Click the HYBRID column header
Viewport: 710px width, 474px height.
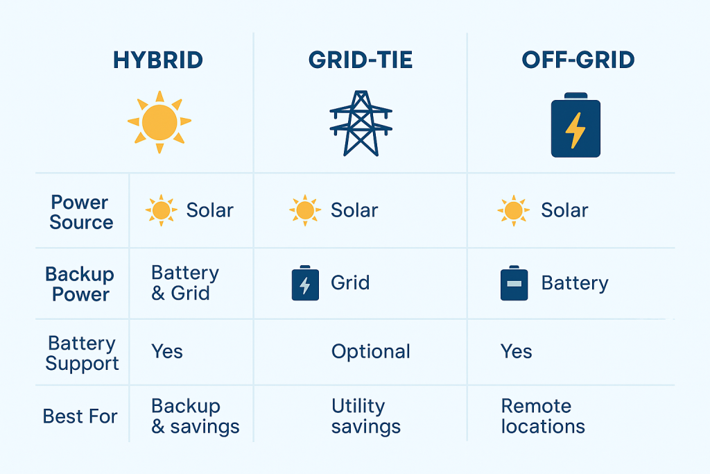click(x=158, y=60)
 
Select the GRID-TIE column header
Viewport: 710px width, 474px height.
click(x=361, y=60)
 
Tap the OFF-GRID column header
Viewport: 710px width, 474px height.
click(x=578, y=60)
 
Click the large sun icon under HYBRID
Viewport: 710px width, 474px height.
click(x=159, y=122)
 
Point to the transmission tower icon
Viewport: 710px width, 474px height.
click(x=361, y=123)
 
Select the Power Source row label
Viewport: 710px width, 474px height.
click(x=81, y=212)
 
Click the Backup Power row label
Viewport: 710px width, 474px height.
click(x=81, y=284)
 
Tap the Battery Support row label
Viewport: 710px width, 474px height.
click(x=82, y=353)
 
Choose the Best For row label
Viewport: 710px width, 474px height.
click(x=80, y=416)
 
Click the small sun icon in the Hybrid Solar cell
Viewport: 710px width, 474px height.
click(x=161, y=210)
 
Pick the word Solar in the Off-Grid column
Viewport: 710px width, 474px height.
click(x=564, y=210)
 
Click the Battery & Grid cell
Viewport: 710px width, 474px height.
click(x=185, y=282)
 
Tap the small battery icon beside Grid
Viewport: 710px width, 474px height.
click(x=306, y=283)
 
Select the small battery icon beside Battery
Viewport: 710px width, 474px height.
click(x=514, y=283)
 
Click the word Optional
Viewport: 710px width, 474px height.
click(x=371, y=351)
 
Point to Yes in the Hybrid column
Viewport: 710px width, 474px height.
click(x=167, y=351)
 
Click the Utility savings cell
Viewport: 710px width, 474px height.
click(x=366, y=416)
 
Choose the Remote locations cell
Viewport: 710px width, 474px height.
click(x=543, y=416)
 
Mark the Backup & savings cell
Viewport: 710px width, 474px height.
click(x=196, y=416)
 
